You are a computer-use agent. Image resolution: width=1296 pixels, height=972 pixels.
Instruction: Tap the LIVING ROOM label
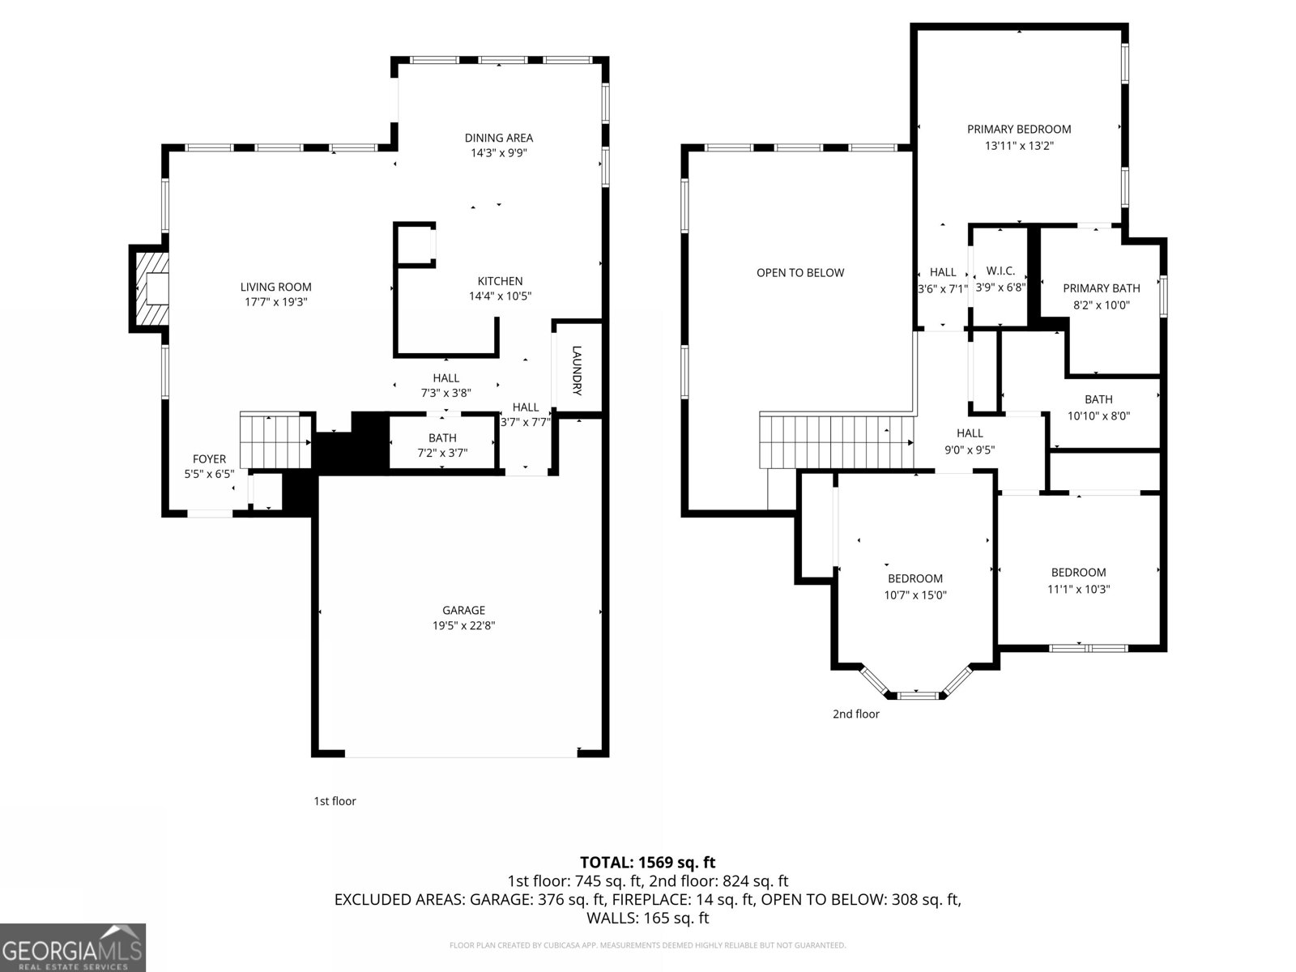275,287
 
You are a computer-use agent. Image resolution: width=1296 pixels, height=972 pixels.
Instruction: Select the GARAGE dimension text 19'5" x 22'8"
463,625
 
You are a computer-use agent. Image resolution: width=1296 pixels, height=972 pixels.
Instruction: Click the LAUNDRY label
577,370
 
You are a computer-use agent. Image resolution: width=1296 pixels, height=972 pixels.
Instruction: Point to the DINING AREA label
498,138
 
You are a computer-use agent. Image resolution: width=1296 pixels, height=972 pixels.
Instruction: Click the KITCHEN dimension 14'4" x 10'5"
500,296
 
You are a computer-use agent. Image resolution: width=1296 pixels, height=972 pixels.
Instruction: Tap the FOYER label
209,459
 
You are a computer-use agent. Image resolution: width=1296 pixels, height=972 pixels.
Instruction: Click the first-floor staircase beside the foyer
275,441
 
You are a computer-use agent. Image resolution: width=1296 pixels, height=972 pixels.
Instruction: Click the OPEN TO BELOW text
800,273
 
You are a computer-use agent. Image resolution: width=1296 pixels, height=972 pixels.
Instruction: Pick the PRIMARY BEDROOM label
1019,129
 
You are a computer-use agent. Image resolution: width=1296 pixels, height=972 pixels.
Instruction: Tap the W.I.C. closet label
1000,271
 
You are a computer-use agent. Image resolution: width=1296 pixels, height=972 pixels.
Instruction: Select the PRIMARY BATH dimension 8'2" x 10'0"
1101,305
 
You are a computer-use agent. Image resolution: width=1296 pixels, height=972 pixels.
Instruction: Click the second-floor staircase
834,441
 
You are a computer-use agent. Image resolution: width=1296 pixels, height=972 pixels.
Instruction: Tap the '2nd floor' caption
855,714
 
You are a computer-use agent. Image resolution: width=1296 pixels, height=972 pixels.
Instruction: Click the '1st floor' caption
335,801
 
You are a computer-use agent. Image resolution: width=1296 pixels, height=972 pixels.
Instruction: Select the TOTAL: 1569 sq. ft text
647,863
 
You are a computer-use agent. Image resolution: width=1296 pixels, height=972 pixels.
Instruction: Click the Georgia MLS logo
73,948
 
